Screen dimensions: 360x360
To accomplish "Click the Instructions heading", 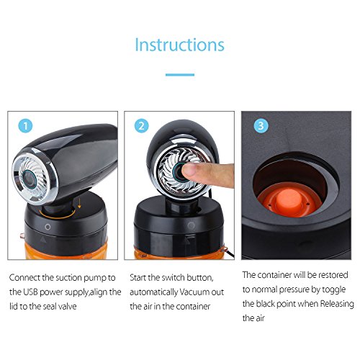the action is point(180,45).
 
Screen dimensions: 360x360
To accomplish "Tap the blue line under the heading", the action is point(180,75).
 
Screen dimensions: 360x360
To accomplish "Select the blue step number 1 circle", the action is point(25,126).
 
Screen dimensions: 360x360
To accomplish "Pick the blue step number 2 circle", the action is point(142,126).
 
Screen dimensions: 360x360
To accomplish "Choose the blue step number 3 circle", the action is point(261,125).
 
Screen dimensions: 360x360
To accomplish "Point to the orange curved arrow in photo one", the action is point(58,215).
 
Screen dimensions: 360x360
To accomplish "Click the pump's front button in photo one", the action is point(30,179).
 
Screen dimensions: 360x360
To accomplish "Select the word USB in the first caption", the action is point(30,292).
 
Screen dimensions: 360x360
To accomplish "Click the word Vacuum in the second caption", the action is point(194,292).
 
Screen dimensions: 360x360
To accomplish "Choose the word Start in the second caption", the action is point(138,278).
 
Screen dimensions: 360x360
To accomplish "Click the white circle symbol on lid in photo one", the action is point(48,227).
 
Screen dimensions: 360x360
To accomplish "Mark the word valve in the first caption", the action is point(68,307).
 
